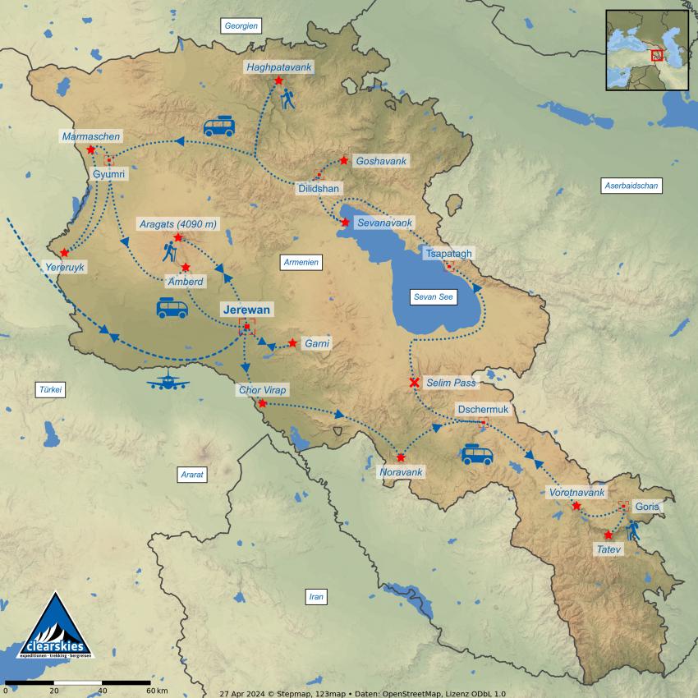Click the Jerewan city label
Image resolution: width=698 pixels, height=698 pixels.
(247, 310)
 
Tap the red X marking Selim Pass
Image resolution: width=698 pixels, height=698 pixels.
(415, 383)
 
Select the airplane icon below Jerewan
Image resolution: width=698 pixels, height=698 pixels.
(168, 381)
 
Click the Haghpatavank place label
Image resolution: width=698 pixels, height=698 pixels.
(279, 66)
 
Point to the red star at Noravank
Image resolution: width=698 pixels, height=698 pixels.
(401, 457)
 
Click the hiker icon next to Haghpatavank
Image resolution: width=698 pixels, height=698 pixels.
(287, 99)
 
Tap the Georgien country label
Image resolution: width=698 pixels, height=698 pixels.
(241, 26)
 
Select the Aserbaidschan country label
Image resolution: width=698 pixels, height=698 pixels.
(631, 186)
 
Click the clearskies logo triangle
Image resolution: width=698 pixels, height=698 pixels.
(55, 628)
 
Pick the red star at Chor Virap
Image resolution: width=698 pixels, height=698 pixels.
(262, 403)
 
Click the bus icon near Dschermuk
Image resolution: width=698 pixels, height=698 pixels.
(476, 454)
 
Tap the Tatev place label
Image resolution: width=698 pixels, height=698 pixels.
(610, 549)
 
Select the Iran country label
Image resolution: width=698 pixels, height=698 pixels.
(315, 597)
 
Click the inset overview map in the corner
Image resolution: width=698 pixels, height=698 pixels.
(646, 50)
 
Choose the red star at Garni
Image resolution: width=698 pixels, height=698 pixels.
(292, 342)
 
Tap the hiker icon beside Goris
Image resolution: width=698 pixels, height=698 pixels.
(633, 530)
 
